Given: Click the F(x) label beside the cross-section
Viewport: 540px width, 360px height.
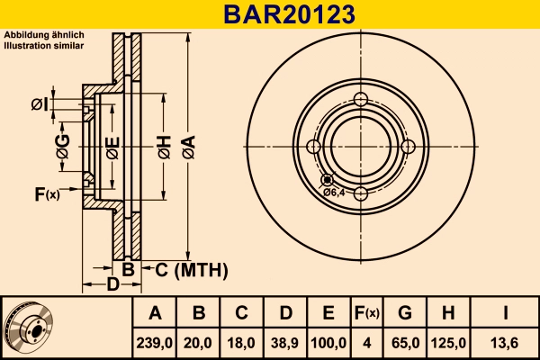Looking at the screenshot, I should pos(46,193).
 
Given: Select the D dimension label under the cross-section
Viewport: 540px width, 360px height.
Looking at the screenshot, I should pos(112,285).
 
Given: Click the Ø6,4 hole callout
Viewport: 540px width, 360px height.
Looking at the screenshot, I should pos(334,192).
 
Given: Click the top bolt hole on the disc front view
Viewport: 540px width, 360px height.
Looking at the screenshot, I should pos(361,100).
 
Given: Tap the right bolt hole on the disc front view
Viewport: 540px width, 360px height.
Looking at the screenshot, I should pos(408,147).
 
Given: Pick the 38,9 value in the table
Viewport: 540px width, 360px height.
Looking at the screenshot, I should pos(285,342).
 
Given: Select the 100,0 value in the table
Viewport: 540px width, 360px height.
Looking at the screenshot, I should pos(328,342).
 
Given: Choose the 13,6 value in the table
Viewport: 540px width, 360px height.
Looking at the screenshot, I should pos(506,342).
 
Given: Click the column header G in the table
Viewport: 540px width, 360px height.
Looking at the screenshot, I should pos(405,313).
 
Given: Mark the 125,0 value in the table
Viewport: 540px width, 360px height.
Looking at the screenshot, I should pos(449,342).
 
